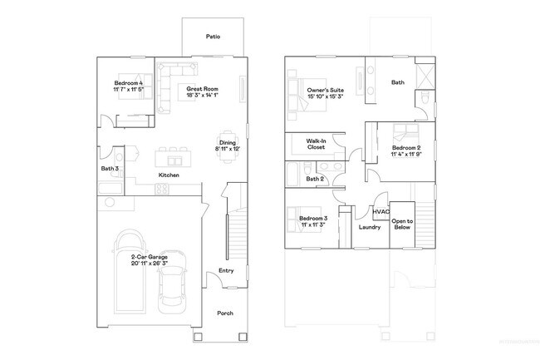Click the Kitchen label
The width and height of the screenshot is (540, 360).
pyautogui.click(x=169, y=175)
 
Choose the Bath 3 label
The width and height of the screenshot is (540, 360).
pyautogui.click(x=110, y=169)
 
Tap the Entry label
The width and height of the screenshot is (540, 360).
pyautogui.click(x=225, y=271)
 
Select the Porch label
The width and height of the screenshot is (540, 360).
pyautogui.click(x=225, y=313)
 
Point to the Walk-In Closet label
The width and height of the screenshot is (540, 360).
pyautogui.click(x=316, y=145)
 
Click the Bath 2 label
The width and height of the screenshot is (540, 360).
pyautogui.click(x=314, y=179)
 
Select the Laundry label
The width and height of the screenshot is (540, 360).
pyautogui.click(x=369, y=226)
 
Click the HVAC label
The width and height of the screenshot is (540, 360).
pyautogui.click(x=380, y=211)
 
